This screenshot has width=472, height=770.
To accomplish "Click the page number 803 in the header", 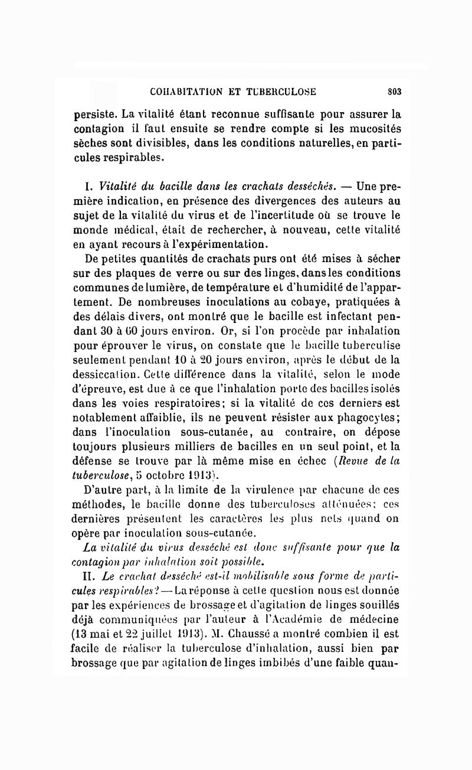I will (x=395, y=92).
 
